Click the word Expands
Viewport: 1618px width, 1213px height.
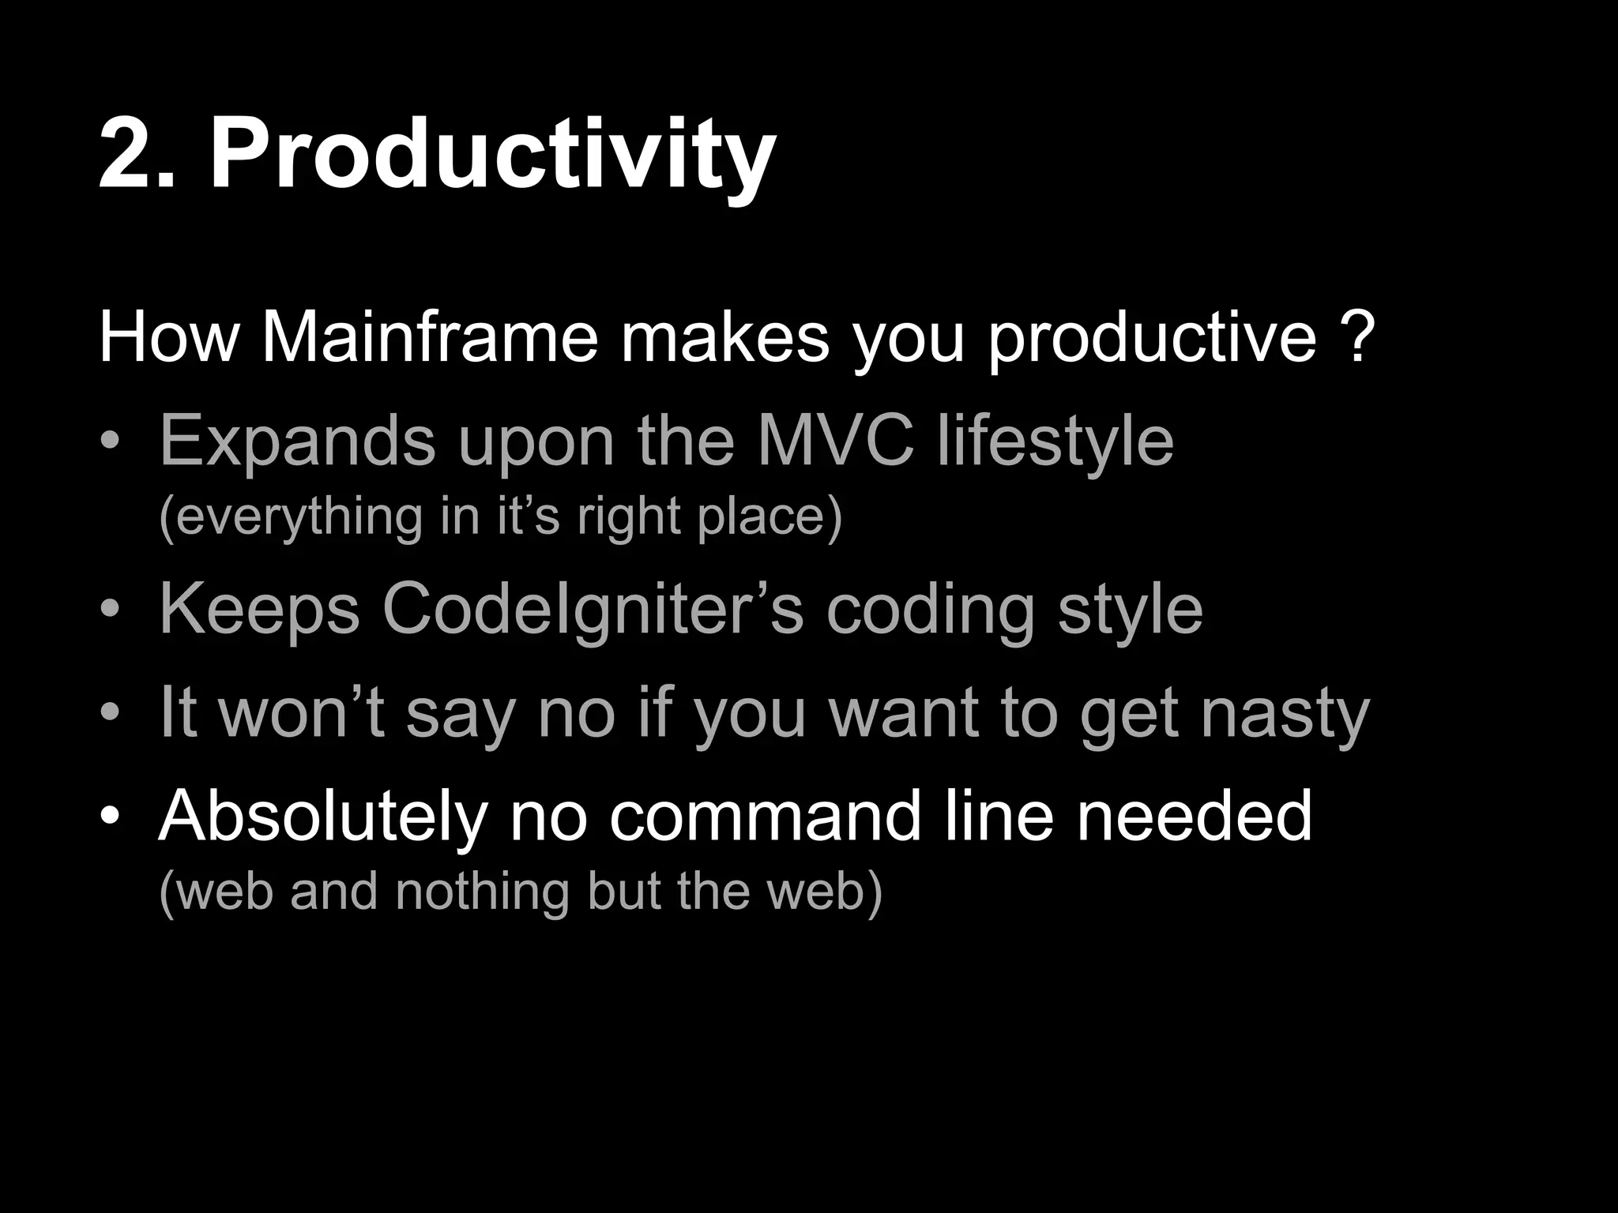coord(297,442)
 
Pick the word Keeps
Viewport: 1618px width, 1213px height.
coord(260,610)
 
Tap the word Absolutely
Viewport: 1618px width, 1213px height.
coord(322,817)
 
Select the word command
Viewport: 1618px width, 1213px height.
coord(765,817)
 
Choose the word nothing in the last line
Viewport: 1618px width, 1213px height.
coord(481,892)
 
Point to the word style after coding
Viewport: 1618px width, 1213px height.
coord(1129,610)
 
